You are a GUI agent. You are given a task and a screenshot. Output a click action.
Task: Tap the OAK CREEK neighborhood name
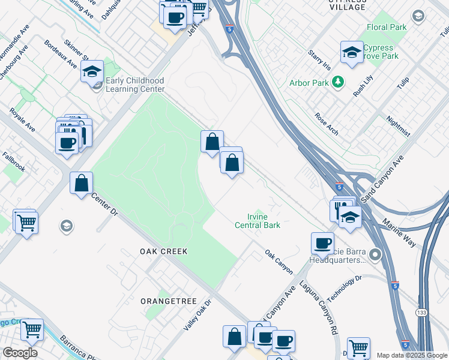pyautogui.click(x=164, y=251)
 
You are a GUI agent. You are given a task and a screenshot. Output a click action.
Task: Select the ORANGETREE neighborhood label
pyautogui.click(x=164, y=300)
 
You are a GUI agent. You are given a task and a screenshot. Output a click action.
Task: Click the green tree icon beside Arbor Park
pyautogui.click(x=338, y=82)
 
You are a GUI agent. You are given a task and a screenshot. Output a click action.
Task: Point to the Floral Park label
pyautogui.click(x=386, y=27)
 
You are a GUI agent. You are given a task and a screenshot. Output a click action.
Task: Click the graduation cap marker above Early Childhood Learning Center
pyautogui.click(x=92, y=73)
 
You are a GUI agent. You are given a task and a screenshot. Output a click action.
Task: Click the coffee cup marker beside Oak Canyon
pyautogui.click(x=322, y=244)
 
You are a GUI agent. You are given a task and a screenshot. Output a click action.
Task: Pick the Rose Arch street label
pyautogui.click(x=327, y=123)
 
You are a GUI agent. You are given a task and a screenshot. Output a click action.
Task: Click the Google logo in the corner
pyautogui.click(x=20, y=353)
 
